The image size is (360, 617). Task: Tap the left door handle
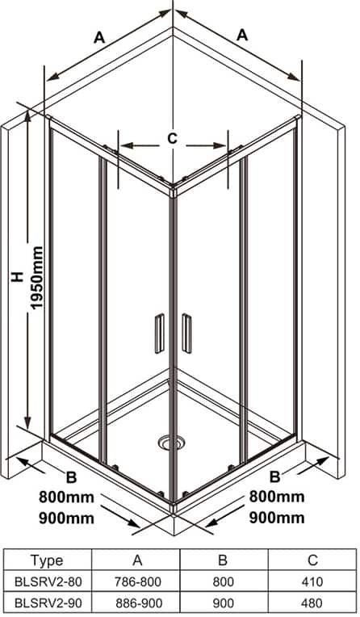click(x=159, y=334)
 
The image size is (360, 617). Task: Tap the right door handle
click(x=186, y=334)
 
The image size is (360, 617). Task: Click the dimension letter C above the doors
click(x=172, y=138)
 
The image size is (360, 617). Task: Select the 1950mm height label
click(x=36, y=278)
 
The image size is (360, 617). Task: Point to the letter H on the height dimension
click(x=17, y=277)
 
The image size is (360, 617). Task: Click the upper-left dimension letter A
click(x=99, y=38)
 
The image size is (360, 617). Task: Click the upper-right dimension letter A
click(x=242, y=35)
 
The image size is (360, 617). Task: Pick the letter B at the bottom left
click(x=71, y=478)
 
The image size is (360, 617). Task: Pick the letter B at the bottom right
click(x=274, y=477)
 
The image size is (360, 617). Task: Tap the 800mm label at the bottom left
click(x=66, y=497)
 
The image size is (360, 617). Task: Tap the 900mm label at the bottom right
click(x=277, y=518)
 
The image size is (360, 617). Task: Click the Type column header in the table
click(x=47, y=560)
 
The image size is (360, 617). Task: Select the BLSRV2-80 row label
click(x=48, y=581)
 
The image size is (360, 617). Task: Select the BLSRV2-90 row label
click(x=48, y=602)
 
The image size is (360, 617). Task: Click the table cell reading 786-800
click(x=136, y=581)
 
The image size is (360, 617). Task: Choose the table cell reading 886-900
click(x=136, y=602)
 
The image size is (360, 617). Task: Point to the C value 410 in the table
click(x=312, y=581)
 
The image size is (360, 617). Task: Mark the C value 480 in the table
click(x=312, y=602)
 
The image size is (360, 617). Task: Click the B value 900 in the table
click(x=223, y=602)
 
